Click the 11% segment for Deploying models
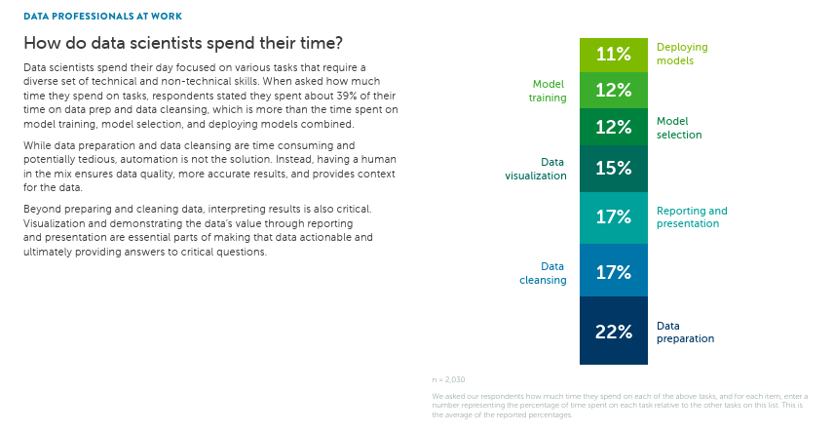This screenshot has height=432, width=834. [614, 55]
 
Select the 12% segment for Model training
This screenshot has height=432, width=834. [614, 90]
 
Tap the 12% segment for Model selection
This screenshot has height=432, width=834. [614, 127]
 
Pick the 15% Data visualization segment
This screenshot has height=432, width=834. [614, 169]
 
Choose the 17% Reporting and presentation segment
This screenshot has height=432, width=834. [614, 217]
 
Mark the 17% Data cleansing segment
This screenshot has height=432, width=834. [614, 271]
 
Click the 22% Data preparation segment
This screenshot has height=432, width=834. [614, 332]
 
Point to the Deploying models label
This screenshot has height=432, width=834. [681, 54]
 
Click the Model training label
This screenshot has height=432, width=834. [548, 91]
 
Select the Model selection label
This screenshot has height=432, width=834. [679, 128]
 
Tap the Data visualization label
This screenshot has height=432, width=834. [536, 169]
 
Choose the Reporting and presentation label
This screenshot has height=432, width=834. [692, 217]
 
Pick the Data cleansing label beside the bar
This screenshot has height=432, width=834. [543, 273]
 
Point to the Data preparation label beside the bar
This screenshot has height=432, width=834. [685, 333]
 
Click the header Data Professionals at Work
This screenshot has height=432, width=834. [102, 17]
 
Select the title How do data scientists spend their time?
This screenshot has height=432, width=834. [182, 44]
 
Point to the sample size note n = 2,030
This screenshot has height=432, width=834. [448, 379]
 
